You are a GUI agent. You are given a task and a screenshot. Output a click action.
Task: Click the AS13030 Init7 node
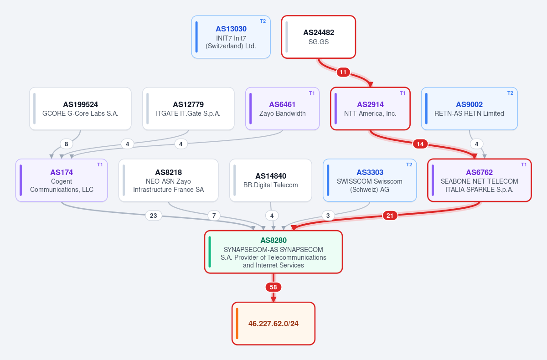(231, 37)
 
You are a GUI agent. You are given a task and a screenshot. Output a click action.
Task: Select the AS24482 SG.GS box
(319, 37)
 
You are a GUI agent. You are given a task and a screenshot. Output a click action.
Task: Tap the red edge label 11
(343, 72)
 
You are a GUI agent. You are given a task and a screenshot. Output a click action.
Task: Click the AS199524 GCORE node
(80, 108)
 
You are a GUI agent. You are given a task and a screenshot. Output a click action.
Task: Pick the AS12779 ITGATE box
(188, 108)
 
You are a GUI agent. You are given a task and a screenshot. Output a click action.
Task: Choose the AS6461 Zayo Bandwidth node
(282, 108)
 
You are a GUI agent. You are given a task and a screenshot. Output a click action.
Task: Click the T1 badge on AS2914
(403, 93)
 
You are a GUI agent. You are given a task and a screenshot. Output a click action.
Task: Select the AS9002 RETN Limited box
(470, 108)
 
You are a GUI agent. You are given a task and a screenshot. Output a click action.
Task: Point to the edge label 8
(66, 144)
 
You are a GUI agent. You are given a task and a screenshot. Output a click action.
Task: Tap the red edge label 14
(420, 144)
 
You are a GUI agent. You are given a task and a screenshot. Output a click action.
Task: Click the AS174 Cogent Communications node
(62, 180)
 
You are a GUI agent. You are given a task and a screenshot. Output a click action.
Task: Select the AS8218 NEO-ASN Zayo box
(169, 180)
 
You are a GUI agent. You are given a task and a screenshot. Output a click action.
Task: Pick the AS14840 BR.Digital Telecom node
(271, 180)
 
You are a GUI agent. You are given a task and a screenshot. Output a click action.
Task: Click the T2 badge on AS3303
(409, 165)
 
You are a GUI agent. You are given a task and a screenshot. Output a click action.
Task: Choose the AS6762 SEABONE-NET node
(480, 180)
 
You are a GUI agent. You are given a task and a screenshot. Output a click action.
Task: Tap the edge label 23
(153, 216)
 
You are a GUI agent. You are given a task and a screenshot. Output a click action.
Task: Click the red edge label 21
(390, 216)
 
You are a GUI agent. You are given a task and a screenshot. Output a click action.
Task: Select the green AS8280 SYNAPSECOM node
(273, 252)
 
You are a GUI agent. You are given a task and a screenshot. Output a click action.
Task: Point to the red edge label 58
(273, 287)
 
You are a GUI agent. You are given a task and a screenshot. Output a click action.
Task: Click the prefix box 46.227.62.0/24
(273, 324)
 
